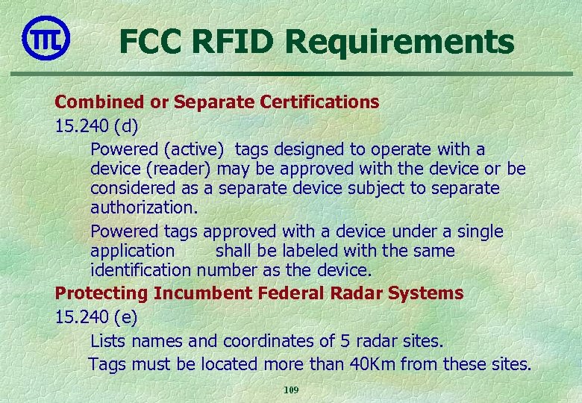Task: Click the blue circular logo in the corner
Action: (x=46, y=37)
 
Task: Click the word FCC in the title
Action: (x=151, y=42)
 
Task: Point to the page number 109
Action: (x=291, y=390)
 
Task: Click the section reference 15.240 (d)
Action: (x=96, y=126)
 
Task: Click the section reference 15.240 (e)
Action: (x=96, y=317)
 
